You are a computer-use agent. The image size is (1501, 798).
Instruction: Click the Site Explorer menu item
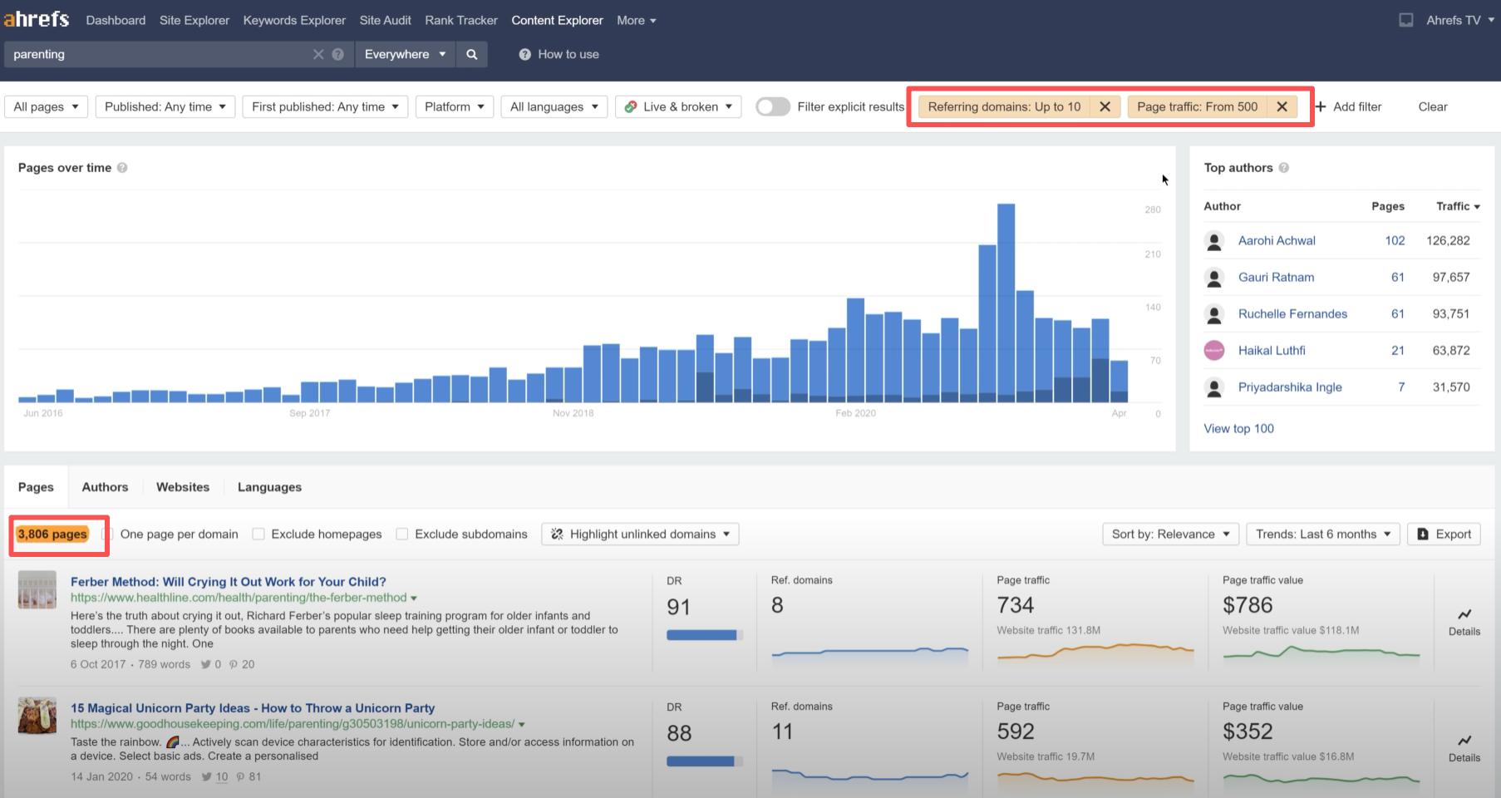pos(194,20)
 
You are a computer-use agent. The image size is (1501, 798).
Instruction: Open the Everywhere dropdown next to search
pos(405,54)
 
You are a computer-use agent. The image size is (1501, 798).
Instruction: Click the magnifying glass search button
pos(472,54)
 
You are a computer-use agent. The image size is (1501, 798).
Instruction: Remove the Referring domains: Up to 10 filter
pos(1105,106)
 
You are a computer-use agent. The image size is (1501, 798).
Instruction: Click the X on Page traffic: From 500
pos(1282,106)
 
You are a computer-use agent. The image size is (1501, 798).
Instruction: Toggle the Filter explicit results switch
pos(773,106)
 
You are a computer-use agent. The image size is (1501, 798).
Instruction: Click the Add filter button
pos(1348,106)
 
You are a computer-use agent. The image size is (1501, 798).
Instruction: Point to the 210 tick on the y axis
pos(1152,254)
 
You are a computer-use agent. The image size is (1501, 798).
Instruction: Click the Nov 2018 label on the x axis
pos(573,413)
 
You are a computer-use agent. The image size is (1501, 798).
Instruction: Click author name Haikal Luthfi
pos(1271,350)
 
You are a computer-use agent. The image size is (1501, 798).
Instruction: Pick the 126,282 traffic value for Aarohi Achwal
pos(1448,240)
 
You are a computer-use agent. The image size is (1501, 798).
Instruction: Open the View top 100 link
pos(1238,428)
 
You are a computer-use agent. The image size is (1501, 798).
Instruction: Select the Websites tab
pos(183,487)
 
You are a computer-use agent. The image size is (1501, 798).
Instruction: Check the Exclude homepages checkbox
pos(258,534)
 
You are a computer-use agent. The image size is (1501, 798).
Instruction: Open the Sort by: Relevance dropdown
pos(1170,534)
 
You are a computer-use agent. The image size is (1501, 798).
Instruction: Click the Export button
pos(1444,534)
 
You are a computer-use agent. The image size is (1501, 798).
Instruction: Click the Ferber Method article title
pos(228,582)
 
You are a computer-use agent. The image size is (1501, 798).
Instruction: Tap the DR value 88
pos(678,733)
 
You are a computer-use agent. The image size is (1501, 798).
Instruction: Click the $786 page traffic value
pos(1247,605)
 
